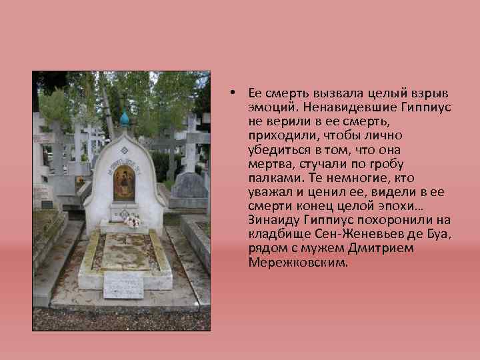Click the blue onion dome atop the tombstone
[124, 119]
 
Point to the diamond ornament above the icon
[124, 149]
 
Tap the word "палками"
[273, 178]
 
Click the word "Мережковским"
[297, 263]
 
